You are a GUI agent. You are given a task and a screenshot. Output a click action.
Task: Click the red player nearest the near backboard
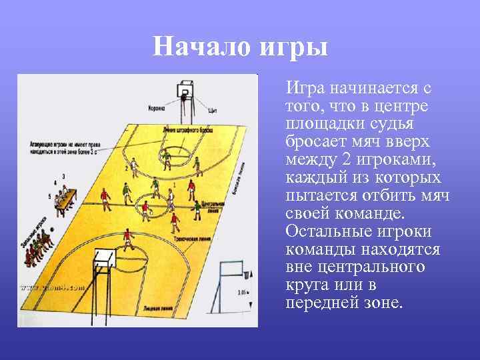125,239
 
